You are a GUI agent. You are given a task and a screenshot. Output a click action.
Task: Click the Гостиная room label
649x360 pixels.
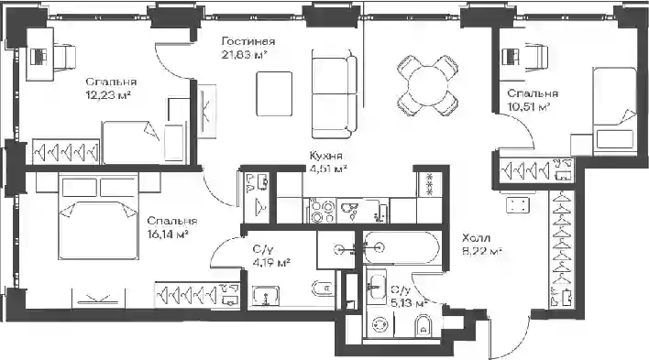pos(248,41)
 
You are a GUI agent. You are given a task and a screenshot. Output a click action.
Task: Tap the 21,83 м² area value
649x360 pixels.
pos(244,54)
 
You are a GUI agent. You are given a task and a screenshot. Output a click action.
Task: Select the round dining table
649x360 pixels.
pos(428,86)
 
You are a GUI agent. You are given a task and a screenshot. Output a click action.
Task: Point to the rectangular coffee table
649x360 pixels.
pos(274,93)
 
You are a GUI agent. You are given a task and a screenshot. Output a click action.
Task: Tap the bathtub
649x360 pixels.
pos(401,248)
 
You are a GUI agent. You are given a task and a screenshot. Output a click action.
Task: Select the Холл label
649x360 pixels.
pos(476,238)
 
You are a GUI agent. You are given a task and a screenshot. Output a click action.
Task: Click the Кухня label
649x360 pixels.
pos(326,156)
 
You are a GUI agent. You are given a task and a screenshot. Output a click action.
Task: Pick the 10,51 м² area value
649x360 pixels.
pos(529,107)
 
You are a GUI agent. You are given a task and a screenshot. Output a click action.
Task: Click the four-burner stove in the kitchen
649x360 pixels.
pos(322,211)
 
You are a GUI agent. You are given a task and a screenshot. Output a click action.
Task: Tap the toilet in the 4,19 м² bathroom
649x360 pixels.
pos(324,289)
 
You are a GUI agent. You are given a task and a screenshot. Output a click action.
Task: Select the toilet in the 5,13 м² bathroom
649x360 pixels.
pos(423,325)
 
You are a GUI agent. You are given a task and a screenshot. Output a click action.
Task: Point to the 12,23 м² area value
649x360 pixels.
pos(108,95)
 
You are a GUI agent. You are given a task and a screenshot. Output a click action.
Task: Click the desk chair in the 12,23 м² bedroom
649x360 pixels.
pos(64,55)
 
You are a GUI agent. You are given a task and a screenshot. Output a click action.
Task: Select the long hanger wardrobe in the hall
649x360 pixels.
pos(562,249)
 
